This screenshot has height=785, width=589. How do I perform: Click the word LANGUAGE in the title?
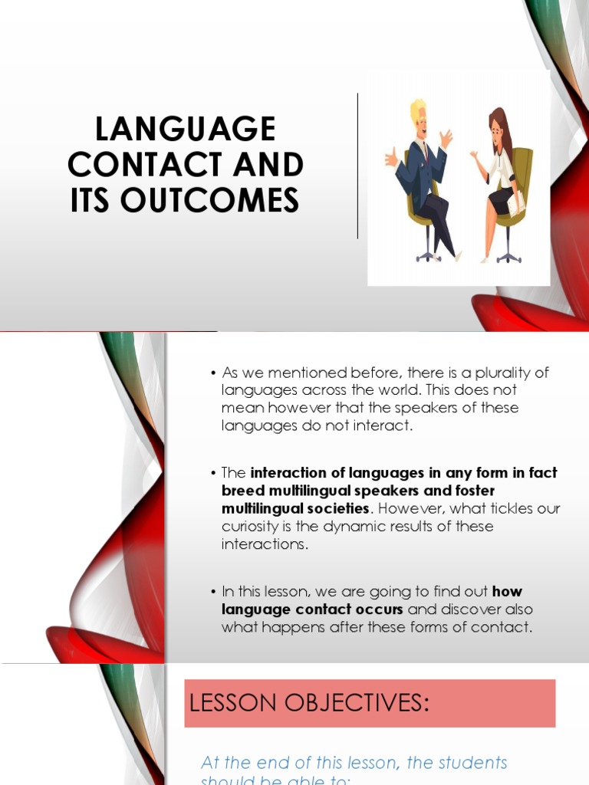(x=185, y=130)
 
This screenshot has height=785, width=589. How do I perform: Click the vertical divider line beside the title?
(x=357, y=166)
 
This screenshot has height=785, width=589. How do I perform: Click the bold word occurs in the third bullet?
(x=376, y=609)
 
